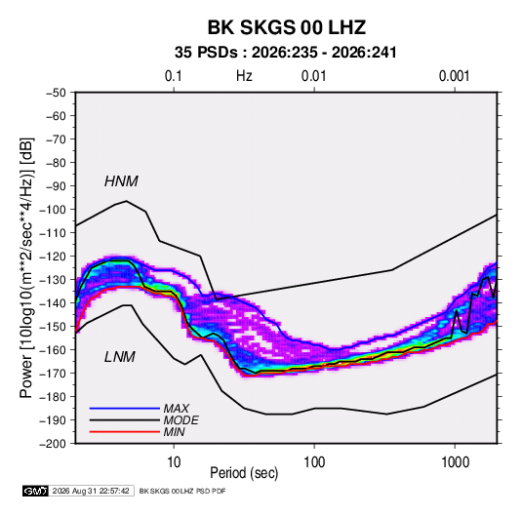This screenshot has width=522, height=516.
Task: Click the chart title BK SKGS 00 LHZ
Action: click(287, 27)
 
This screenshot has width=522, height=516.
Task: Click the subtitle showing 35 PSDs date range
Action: click(286, 53)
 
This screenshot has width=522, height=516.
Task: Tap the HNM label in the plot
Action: click(121, 181)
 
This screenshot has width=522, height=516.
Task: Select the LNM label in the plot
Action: click(120, 357)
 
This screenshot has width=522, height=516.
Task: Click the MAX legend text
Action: click(177, 408)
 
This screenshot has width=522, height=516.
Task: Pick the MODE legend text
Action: click(181, 420)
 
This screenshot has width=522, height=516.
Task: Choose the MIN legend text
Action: click(174, 432)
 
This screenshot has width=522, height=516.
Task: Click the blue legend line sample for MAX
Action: click(125, 408)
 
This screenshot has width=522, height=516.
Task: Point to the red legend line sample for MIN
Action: click(125, 432)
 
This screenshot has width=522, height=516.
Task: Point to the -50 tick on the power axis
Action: click(56, 93)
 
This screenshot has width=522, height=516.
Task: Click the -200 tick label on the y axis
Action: click(53, 444)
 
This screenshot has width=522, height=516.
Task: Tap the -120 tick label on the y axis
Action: click(53, 257)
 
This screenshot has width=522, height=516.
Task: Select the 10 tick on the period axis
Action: click(174, 462)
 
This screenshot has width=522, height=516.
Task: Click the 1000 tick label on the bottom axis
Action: click(455, 462)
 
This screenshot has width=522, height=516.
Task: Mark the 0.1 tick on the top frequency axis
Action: click(174, 76)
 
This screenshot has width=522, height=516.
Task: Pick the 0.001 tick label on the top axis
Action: click(454, 76)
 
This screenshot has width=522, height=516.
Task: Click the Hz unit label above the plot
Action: click(244, 76)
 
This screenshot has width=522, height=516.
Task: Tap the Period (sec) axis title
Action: click(244, 473)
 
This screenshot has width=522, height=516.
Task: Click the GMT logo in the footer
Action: click(35, 491)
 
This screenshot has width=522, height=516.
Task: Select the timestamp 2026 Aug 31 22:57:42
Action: click(91, 491)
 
